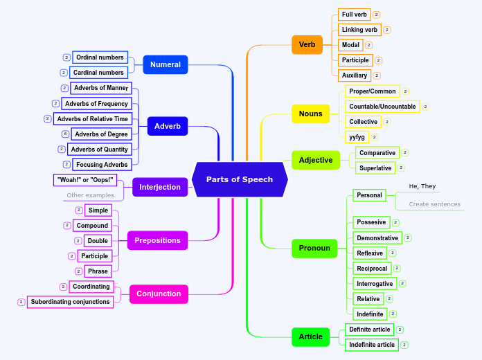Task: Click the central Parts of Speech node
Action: (x=240, y=179)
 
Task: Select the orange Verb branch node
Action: (x=307, y=45)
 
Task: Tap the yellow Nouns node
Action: (x=310, y=114)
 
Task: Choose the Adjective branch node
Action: (x=316, y=160)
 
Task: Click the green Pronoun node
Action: (x=314, y=248)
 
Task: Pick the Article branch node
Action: (x=310, y=336)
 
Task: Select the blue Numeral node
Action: (x=165, y=65)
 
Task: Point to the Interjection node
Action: (x=160, y=187)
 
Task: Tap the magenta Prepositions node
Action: (x=157, y=240)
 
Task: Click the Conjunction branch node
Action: (x=159, y=294)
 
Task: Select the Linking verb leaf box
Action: (x=359, y=30)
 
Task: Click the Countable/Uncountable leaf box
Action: (x=382, y=107)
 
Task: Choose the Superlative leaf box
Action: (x=375, y=168)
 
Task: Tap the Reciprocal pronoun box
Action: (x=372, y=269)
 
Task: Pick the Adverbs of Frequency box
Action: (x=96, y=104)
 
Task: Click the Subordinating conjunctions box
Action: (x=70, y=302)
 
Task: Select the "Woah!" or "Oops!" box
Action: (x=85, y=180)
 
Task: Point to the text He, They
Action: (x=422, y=186)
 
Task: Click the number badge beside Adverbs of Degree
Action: (x=65, y=134)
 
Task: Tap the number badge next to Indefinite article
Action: (x=404, y=345)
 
